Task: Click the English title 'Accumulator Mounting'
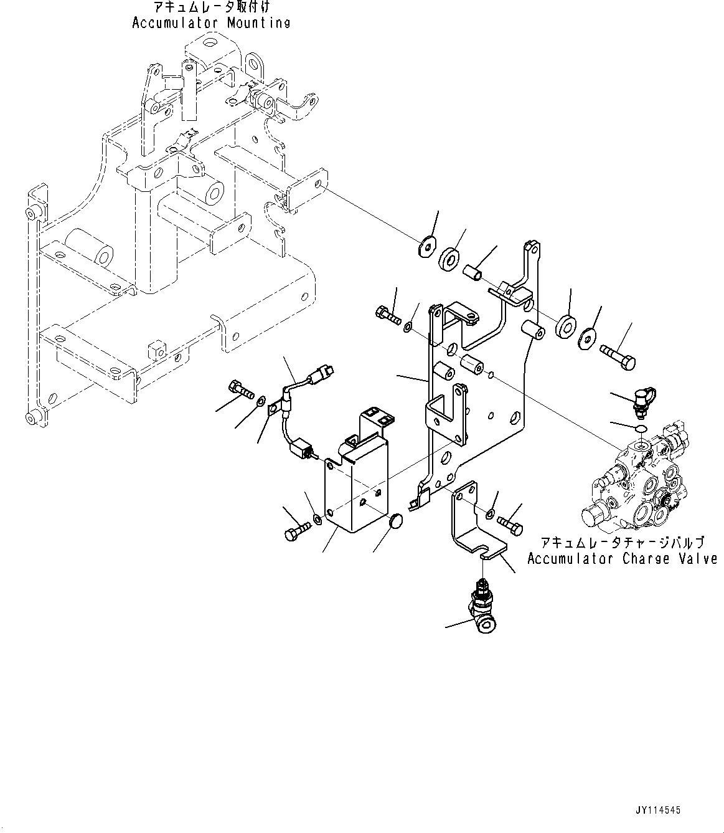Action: (211, 23)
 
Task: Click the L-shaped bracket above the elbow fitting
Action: (473, 520)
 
